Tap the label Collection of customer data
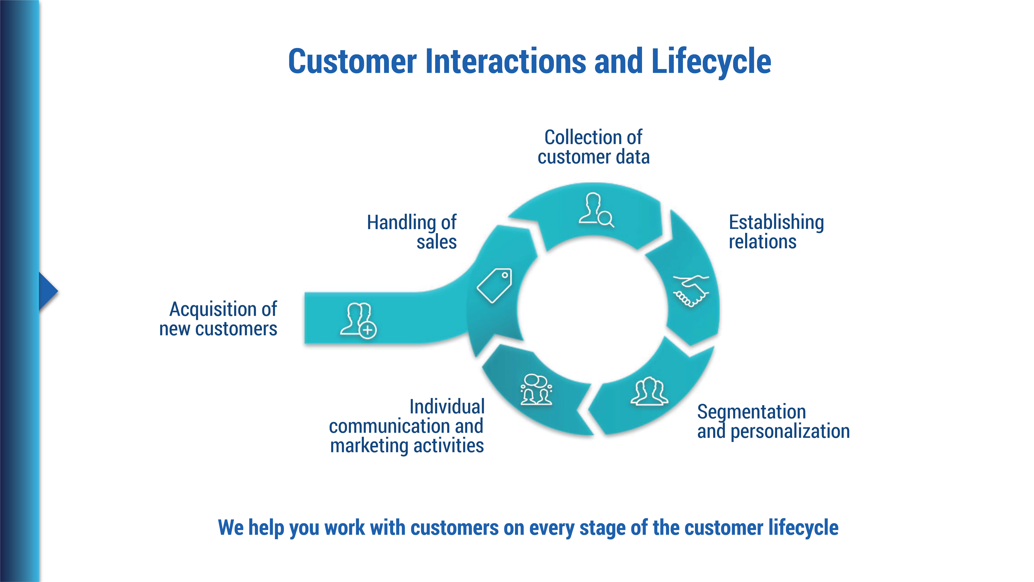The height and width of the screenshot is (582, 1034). [593, 147]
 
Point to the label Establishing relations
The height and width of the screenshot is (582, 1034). [776, 232]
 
